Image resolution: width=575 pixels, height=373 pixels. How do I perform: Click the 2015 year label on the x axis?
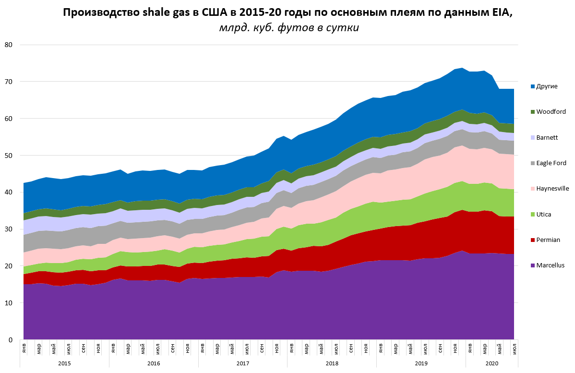point(64,363)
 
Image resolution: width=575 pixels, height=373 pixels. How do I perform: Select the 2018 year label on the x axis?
point(332,363)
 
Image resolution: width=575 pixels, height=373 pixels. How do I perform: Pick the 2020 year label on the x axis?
point(492,363)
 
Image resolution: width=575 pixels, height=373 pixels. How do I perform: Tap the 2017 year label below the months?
point(242,363)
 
